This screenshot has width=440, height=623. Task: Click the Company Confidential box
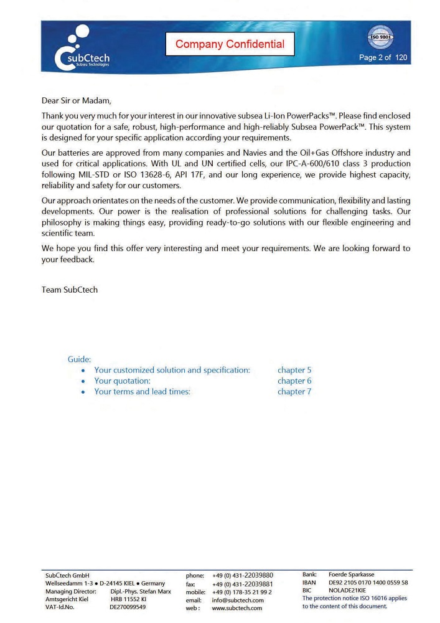(x=230, y=44)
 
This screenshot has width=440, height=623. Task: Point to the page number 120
(x=401, y=57)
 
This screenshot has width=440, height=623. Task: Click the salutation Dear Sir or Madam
(x=79, y=100)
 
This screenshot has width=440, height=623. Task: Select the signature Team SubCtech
(x=70, y=290)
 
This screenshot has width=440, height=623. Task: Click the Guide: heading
(x=79, y=359)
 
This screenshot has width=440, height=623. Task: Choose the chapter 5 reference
(x=294, y=370)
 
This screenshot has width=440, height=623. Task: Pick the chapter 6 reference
(x=294, y=381)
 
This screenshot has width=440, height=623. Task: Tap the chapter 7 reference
(x=294, y=391)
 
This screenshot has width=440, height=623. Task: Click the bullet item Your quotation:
(x=122, y=381)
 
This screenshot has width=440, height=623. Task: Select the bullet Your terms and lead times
(x=142, y=391)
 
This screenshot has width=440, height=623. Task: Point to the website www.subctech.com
(x=237, y=608)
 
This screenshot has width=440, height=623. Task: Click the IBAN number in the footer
(x=368, y=583)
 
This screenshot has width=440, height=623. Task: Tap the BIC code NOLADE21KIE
(x=347, y=590)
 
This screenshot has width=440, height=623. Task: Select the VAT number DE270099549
(x=128, y=606)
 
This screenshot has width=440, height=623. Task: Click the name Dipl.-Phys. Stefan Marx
(x=140, y=591)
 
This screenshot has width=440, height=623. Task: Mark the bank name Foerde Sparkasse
(x=351, y=574)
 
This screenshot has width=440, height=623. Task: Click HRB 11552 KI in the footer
(x=128, y=599)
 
